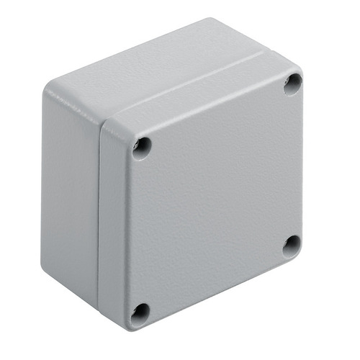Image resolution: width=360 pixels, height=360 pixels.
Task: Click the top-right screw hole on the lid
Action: point(292,84)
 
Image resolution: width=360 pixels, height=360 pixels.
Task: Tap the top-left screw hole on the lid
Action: point(142,146)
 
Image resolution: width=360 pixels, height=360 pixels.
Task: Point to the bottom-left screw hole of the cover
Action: point(141,312)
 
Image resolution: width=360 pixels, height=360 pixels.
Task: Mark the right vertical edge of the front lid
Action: point(302,166)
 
